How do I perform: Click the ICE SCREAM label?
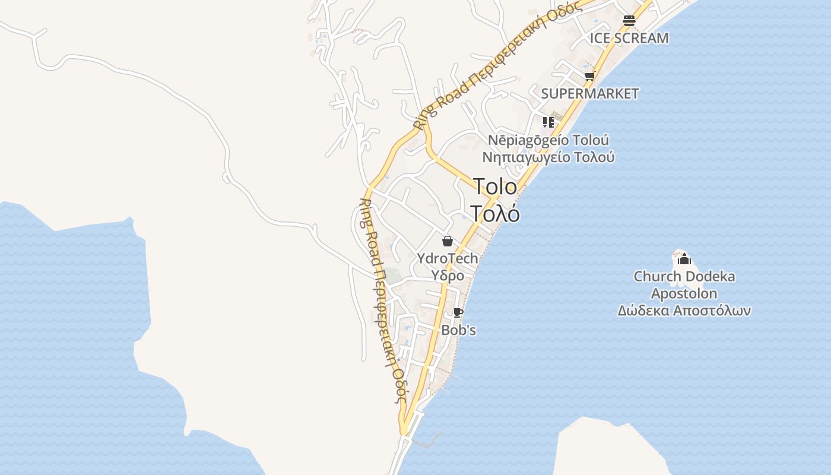pyautogui.click(x=629, y=38)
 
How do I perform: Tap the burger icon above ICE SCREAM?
pyautogui.click(x=629, y=21)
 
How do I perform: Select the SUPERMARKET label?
pyautogui.click(x=589, y=93)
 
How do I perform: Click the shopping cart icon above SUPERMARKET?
pyautogui.click(x=589, y=76)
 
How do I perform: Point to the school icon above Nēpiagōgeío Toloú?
pyautogui.click(x=548, y=122)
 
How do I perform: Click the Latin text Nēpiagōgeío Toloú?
pyautogui.click(x=548, y=141)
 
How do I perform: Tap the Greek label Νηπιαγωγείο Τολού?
pyautogui.click(x=548, y=157)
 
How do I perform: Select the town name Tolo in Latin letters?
pyautogui.click(x=495, y=186)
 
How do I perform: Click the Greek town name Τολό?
pyautogui.click(x=495, y=213)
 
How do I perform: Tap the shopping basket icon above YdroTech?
pyautogui.click(x=448, y=241)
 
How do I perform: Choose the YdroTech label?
pyautogui.click(x=448, y=258)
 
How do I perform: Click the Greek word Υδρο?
pyautogui.click(x=448, y=275)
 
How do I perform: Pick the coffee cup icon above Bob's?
pyautogui.click(x=458, y=312)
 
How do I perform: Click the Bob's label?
pyautogui.click(x=458, y=330)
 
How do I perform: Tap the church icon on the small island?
pyautogui.click(x=684, y=259)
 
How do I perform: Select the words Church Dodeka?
pyautogui.click(x=684, y=276)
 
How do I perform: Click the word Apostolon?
pyautogui.click(x=684, y=293)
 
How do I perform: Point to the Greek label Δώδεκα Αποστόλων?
pyautogui.click(x=684, y=311)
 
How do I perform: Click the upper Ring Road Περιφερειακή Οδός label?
pyautogui.click(x=496, y=65)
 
